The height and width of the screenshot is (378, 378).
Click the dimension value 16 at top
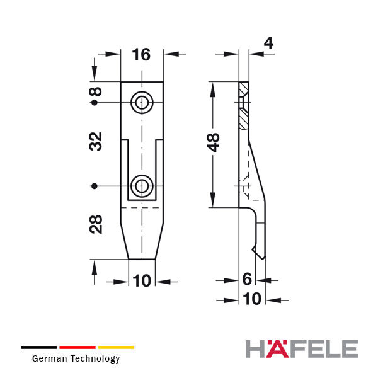point(141,54)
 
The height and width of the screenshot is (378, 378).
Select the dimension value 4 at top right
point(268,43)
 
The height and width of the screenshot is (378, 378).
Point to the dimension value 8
point(96,91)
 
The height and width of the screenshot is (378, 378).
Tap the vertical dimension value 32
point(96,142)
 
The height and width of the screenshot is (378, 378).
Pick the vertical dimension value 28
point(96,224)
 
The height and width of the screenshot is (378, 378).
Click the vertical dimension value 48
point(214,142)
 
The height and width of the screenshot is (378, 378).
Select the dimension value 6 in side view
point(247,279)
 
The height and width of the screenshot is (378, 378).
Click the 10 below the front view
point(142,280)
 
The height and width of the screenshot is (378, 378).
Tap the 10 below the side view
point(252,299)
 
